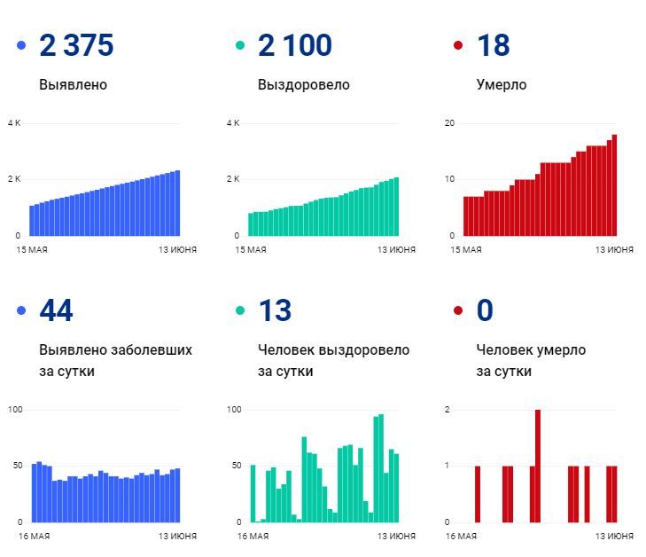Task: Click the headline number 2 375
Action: [x=76, y=46]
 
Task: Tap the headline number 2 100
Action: [x=294, y=46]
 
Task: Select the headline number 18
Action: [x=493, y=46]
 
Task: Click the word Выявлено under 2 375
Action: [x=73, y=85]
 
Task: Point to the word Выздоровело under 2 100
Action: [x=303, y=85]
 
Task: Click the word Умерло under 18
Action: [x=501, y=85]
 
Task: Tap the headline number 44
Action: [x=56, y=311]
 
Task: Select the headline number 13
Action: [x=275, y=311]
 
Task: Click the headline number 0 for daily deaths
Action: [x=485, y=311]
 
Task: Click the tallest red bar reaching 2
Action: [x=538, y=466]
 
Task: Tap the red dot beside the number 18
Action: [x=458, y=45]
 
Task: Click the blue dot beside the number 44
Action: [x=21, y=310]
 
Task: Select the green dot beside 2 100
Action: [x=240, y=45]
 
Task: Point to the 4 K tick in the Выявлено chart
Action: [x=13, y=122]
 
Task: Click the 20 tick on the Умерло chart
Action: [x=449, y=122]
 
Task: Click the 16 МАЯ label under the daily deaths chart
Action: [x=461, y=537]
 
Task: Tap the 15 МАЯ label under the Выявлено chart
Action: [x=32, y=250]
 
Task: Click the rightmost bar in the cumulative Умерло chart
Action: [x=614, y=185]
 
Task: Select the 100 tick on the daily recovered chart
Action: [x=234, y=409]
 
